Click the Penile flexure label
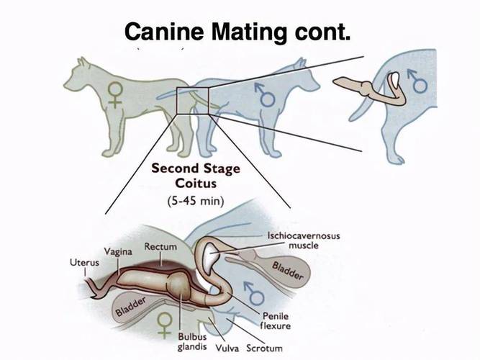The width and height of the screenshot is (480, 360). pyautogui.click(x=276, y=321)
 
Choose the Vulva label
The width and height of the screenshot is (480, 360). pyautogui.click(x=227, y=347)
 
